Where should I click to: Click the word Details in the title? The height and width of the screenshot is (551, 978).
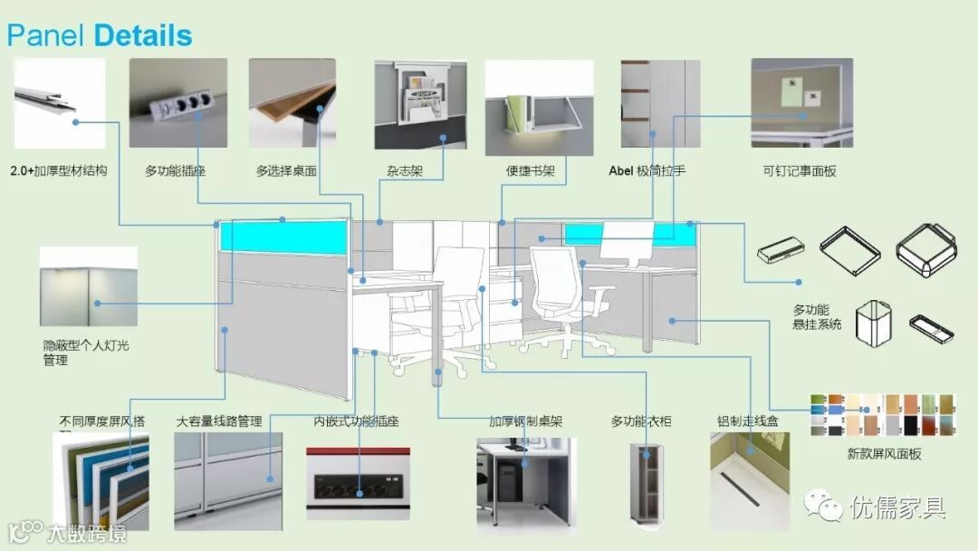[x=143, y=36]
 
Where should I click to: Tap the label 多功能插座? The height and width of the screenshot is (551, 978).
[x=175, y=170]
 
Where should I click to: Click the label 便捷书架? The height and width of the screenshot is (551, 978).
[x=530, y=170]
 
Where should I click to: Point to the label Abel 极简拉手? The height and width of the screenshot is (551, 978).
[x=647, y=170]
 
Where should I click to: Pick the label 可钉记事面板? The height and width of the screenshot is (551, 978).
[x=800, y=170]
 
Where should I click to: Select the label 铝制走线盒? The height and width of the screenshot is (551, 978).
[x=747, y=421]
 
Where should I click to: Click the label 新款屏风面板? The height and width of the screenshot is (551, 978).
[x=884, y=453]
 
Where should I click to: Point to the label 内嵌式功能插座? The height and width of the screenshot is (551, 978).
[x=356, y=421]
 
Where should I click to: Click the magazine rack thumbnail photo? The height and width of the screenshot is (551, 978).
[x=420, y=104]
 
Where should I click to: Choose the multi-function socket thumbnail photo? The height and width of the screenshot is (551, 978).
[x=177, y=103]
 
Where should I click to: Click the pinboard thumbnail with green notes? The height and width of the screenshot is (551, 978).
[x=801, y=102]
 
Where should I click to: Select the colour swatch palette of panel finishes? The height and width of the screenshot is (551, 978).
[x=883, y=415]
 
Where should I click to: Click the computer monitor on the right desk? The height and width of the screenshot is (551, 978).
[x=627, y=243]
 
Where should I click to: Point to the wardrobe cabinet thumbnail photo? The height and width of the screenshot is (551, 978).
[x=647, y=482]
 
